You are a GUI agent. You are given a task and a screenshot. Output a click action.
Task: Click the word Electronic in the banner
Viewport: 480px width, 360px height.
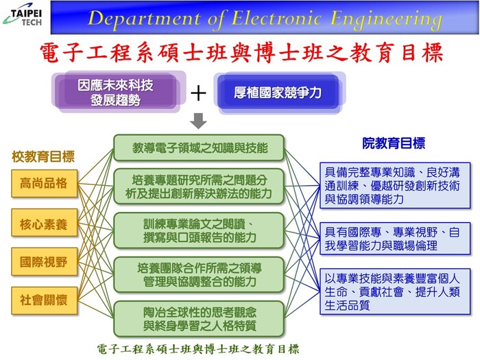(x=276, y=19)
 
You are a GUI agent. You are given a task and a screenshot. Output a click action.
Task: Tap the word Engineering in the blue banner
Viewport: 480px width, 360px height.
(x=386, y=20)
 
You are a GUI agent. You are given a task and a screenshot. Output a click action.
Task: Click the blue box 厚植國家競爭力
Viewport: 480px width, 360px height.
(x=278, y=93)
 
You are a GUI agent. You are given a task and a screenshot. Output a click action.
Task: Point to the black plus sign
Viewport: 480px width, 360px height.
(x=198, y=93)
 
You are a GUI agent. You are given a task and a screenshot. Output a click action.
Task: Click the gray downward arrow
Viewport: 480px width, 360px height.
(x=198, y=121)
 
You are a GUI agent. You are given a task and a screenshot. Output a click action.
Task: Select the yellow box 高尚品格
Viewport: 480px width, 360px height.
(x=44, y=183)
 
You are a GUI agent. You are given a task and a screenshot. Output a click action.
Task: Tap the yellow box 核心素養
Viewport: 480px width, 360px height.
(x=44, y=223)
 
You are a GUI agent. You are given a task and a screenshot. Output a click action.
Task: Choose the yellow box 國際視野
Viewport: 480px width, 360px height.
(x=44, y=261)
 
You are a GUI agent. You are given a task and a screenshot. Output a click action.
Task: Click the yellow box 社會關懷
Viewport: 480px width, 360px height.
(x=44, y=300)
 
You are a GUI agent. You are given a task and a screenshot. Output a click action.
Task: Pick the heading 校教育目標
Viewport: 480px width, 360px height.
(x=43, y=157)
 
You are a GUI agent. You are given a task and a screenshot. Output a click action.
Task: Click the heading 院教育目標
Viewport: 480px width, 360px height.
(x=394, y=143)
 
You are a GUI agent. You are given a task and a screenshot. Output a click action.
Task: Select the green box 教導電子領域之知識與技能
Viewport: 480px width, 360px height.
(x=199, y=148)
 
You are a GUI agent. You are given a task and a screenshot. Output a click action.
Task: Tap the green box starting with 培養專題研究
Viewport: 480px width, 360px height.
(x=199, y=187)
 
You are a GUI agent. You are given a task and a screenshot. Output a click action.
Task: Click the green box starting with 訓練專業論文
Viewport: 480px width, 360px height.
(x=199, y=230)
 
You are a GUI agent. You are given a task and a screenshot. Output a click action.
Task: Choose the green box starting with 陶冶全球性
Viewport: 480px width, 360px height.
(x=199, y=319)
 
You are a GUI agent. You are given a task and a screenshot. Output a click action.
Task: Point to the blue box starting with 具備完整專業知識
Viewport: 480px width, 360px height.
(x=395, y=186)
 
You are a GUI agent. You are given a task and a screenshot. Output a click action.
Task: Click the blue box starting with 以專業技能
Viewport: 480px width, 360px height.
(x=395, y=291)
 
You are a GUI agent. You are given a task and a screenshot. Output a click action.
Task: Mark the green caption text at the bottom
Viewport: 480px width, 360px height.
(x=197, y=349)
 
